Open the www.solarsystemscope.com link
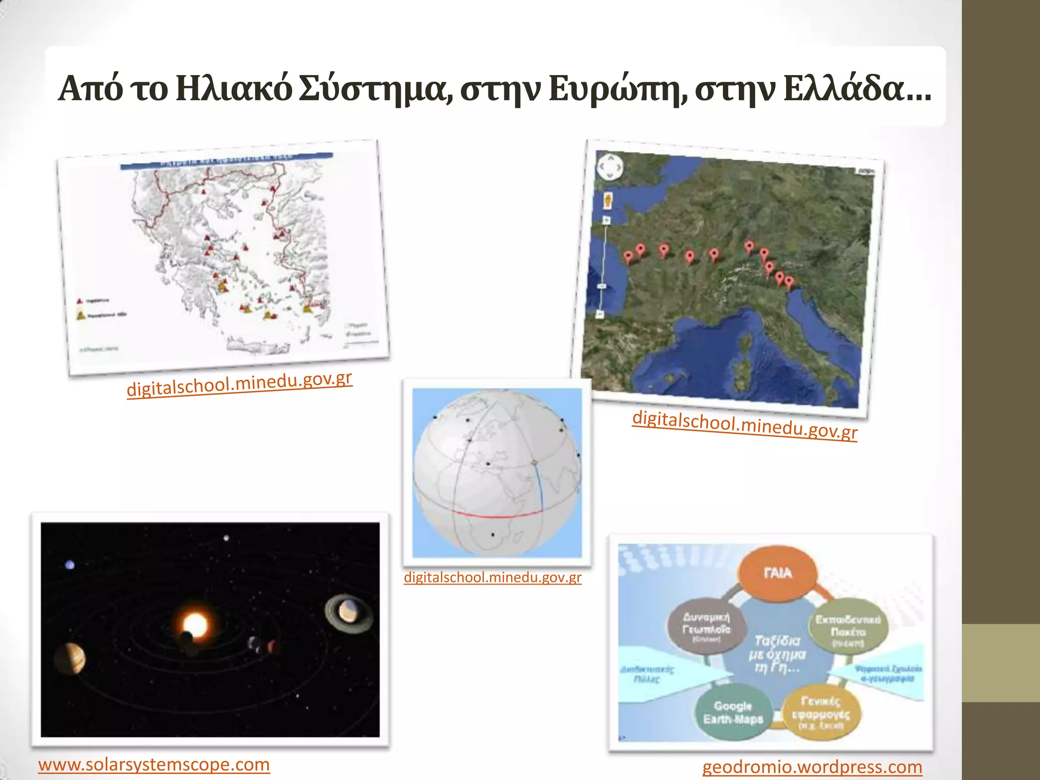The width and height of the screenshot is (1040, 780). tap(154, 764)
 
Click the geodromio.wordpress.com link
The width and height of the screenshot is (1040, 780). tap(812, 767)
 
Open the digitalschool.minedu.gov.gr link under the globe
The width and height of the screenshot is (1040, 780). tap(492, 577)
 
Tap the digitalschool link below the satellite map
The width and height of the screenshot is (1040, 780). tap(744, 425)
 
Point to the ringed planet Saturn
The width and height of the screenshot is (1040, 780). tap(348, 611)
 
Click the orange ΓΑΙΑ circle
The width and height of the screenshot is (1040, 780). tap(777, 573)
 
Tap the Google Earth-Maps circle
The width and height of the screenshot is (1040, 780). tap(733, 712)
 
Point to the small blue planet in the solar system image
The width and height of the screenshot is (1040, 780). tap(70, 565)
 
